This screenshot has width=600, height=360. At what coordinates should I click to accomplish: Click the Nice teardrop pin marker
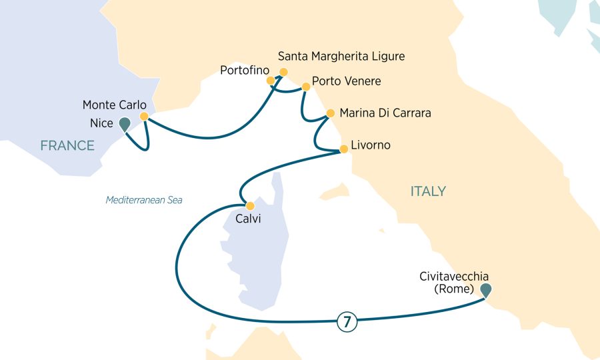pyautogui.click(x=124, y=123)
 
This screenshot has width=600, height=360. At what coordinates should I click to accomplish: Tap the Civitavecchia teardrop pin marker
pyautogui.click(x=487, y=289)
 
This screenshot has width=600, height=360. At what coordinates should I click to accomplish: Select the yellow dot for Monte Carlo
pyautogui.click(x=144, y=116)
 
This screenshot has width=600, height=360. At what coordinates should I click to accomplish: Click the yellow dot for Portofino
pyautogui.click(x=271, y=81)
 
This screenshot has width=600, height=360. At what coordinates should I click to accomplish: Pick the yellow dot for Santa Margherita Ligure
pyautogui.click(x=283, y=72)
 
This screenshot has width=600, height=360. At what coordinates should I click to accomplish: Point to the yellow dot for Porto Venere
pyautogui.click(x=306, y=87)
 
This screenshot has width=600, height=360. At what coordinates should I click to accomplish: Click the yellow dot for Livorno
pyautogui.click(x=343, y=149)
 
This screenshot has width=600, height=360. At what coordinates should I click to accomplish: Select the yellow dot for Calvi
pyautogui.click(x=250, y=205)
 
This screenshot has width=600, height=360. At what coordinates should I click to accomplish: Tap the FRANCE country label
pyautogui.click(x=67, y=146)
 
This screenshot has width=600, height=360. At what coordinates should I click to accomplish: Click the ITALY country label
pyautogui.click(x=428, y=191)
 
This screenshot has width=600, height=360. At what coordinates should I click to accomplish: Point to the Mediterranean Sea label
pyautogui.click(x=144, y=200)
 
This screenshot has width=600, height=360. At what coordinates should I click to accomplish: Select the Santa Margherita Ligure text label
pyautogui.click(x=341, y=56)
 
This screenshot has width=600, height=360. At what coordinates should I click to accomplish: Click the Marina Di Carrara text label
pyautogui.click(x=385, y=113)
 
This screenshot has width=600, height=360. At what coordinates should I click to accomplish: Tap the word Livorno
pyautogui.click(x=371, y=145)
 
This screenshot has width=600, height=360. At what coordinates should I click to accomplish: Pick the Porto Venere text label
pyautogui.click(x=347, y=82)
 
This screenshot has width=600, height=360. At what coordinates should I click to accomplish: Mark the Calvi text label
pyautogui.click(x=247, y=219)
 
